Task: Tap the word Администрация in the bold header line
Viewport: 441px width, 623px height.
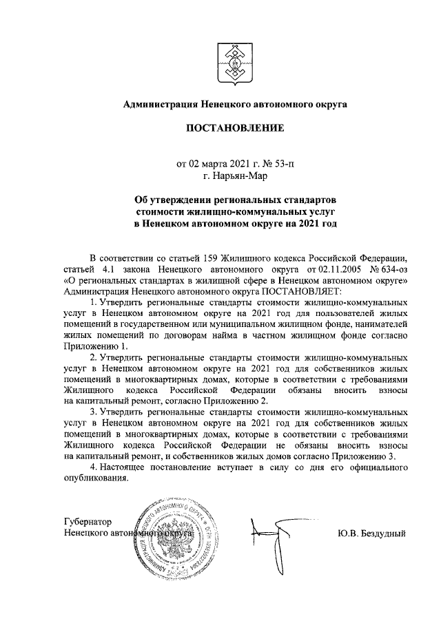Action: point(160,104)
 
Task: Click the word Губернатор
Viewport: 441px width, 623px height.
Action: point(88,521)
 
